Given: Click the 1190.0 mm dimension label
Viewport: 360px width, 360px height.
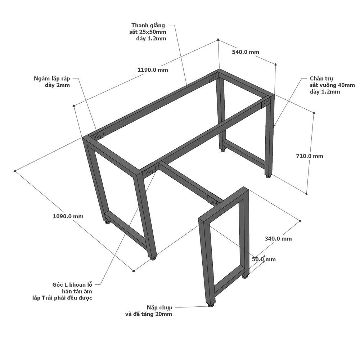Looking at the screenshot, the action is (153, 70).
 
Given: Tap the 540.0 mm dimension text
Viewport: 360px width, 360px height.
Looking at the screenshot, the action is (246, 52).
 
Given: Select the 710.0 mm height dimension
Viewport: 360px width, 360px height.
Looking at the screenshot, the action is (310, 156).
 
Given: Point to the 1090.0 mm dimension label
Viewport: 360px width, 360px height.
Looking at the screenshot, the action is (68, 216).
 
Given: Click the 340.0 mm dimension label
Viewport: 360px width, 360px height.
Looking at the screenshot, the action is (278, 239).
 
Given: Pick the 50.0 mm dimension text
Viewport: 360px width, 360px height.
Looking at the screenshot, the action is (264, 260).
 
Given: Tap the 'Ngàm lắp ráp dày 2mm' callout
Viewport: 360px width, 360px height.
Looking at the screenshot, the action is (52, 82).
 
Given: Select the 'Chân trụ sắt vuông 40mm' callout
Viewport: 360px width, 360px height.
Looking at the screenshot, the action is (332, 85).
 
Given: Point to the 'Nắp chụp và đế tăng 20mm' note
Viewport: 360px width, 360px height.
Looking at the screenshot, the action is (149, 311).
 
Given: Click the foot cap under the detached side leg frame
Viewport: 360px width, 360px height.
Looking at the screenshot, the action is (211, 305).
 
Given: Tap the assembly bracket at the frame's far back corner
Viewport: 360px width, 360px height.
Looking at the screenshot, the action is (213, 78).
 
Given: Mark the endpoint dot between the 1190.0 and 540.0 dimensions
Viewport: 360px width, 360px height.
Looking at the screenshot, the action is (218, 40).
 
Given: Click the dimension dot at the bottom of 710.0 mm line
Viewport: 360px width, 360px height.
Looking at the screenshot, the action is (307, 194).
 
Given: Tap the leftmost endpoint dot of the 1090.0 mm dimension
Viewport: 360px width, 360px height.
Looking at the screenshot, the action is (15, 171).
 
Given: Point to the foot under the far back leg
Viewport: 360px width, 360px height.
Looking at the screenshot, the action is (222, 150).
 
